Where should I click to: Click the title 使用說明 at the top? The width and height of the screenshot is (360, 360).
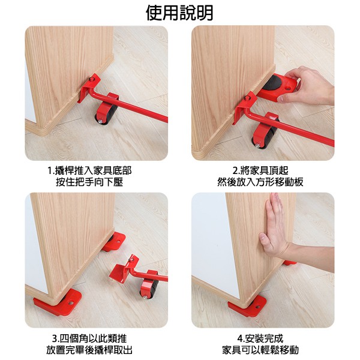click(179, 13)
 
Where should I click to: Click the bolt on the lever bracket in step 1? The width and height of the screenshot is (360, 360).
click(92, 80)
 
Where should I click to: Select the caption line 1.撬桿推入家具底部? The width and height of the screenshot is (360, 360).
click(89, 170)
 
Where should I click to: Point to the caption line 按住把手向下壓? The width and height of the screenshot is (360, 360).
click(89, 182)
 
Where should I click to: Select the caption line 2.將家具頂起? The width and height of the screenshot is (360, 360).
click(260, 170)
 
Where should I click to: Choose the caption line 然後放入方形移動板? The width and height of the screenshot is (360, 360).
click(260, 182)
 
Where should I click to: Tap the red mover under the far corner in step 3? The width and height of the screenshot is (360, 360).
click(115, 242)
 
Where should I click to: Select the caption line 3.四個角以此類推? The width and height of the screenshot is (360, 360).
click(89, 338)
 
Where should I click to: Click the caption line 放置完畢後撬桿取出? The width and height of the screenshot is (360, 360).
click(89, 350)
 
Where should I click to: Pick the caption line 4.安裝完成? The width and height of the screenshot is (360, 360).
click(260, 338)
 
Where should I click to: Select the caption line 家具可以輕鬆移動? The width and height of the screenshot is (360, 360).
click(260, 350)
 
